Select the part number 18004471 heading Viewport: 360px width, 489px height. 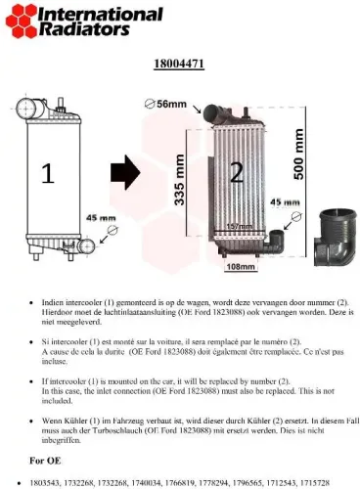point(178,65)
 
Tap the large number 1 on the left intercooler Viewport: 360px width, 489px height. point(47,173)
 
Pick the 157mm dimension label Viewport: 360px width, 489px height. point(240,227)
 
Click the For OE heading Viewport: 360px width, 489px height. point(48,459)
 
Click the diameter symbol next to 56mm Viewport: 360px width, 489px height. point(150,103)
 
